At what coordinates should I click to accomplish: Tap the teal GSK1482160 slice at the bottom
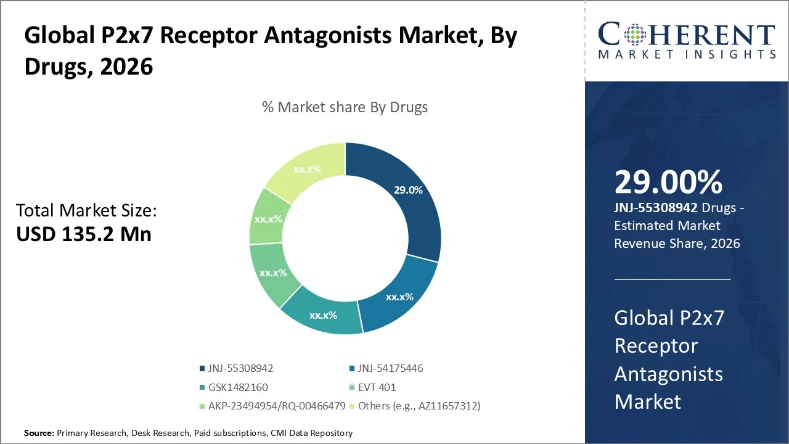point(323,315)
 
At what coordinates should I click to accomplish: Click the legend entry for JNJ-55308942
point(236,369)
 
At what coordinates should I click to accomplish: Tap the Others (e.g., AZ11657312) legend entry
point(414,406)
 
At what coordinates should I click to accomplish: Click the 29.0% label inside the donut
point(408,191)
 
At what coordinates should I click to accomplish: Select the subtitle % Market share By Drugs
point(345,107)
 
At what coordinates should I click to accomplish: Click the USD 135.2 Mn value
point(84,234)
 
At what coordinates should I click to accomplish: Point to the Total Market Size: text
point(86,211)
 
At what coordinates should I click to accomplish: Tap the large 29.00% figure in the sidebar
point(668,183)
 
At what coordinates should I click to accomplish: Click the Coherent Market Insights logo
point(686,41)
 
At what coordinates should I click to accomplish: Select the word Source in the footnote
point(39,434)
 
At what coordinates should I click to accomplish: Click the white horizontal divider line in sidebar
point(672,279)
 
